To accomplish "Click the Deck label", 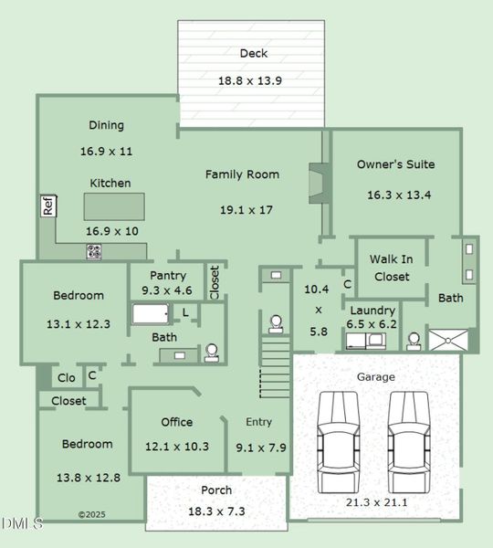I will click(254, 54).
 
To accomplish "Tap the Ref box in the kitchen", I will click(48, 206).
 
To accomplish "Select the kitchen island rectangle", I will click(115, 205).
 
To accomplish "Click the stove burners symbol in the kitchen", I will click(94, 251).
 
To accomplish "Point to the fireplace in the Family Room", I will click(317, 182).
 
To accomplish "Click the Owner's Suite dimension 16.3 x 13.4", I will click(399, 195).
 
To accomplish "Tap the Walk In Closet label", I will click(390, 268).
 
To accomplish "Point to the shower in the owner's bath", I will click(453, 340).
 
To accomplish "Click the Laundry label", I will click(372, 311).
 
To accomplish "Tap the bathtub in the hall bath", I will click(152, 314).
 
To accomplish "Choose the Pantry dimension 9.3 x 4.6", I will click(167, 290).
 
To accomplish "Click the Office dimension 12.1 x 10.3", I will click(177, 447).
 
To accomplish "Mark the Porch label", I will click(216, 490).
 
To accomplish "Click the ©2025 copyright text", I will click(92, 515).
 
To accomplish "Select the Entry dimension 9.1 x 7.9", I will click(260, 448).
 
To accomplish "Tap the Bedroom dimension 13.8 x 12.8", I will click(89, 478).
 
